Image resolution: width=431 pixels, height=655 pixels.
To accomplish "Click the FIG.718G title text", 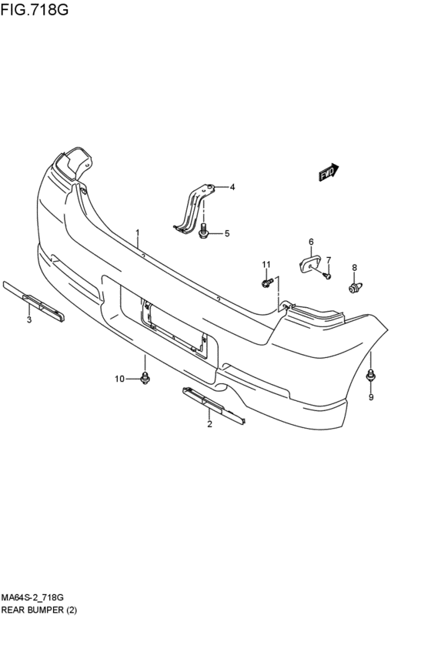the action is (35, 8).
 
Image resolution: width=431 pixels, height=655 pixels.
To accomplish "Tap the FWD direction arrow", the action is (329, 172).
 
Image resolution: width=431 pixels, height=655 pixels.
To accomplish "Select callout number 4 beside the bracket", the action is (232, 187).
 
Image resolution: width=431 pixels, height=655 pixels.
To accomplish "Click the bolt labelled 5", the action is (203, 231).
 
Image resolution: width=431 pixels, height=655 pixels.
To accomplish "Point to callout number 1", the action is (138, 232).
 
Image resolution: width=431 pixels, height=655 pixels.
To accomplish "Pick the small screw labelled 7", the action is (327, 276).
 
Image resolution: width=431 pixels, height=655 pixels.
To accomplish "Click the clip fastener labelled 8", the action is (356, 288).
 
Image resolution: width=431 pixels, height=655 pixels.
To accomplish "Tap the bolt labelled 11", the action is (267, 282).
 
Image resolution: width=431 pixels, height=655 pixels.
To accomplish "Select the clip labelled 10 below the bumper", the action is (145, 378).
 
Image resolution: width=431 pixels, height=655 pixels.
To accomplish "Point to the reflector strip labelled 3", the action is (34, 301).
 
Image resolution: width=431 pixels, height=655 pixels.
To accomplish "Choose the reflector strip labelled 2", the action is (214, 406).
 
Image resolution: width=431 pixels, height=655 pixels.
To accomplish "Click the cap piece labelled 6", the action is (310, 264).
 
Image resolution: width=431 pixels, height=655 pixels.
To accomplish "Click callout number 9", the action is (371, 397).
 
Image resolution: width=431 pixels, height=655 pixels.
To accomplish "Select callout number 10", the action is (120, 379).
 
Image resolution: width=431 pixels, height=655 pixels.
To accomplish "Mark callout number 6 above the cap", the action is (311, 242).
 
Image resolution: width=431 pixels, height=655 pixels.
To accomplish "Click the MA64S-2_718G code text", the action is (32, 598).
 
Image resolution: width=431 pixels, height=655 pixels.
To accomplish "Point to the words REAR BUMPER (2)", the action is (39, 610).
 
